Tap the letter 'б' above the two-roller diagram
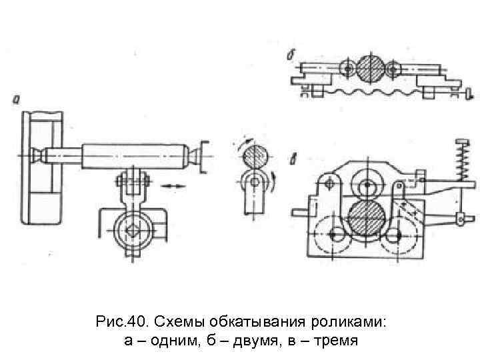(291, 55)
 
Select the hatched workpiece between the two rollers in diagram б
(370, 69)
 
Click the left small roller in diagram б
(346, 69)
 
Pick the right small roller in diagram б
(394, 69)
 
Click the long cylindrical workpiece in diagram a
(136, 155)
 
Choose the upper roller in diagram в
(367, 187)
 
